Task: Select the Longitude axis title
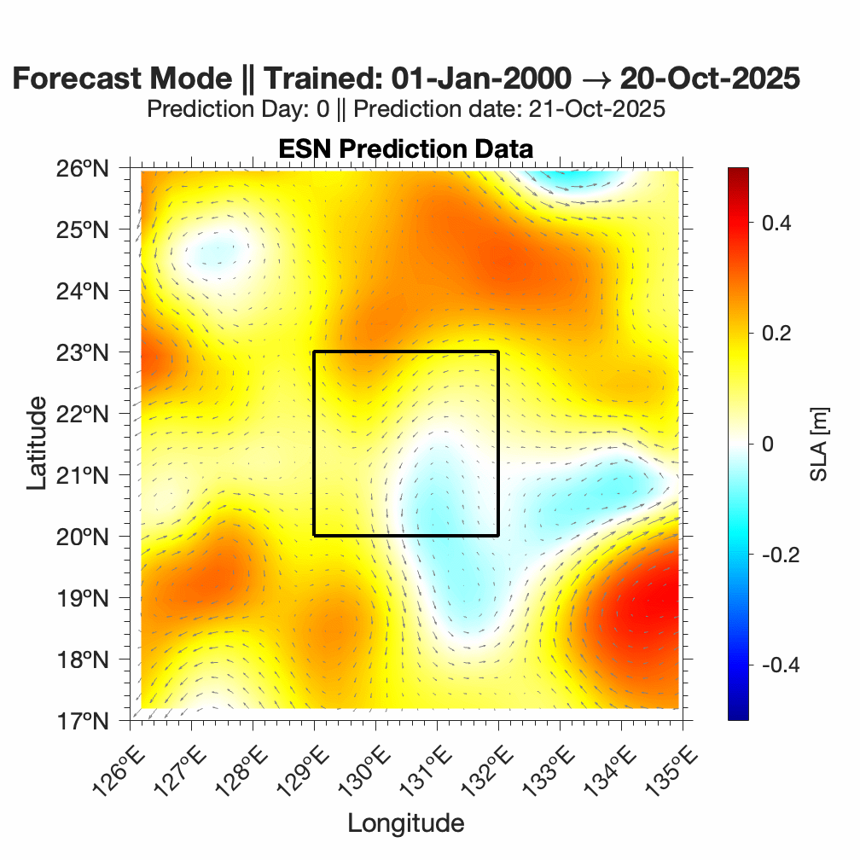tap(405, 823)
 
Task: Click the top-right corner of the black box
tap(498, 352)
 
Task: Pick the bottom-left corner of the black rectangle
tap(314, 536)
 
